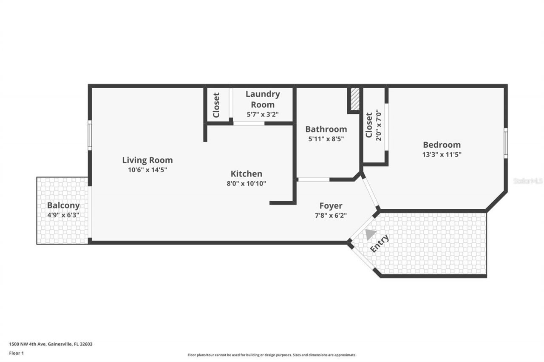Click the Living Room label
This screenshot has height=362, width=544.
[147, 160]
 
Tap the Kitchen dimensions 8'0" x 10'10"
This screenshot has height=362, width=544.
[246, 183]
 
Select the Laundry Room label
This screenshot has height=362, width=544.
[263, 99]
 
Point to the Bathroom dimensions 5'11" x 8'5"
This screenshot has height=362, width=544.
[326, 138]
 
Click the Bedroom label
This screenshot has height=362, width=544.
[442, 145]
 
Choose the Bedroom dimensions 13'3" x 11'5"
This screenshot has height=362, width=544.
[442, 155]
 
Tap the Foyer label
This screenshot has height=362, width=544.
[331, 206]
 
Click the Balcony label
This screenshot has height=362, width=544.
[63, 205]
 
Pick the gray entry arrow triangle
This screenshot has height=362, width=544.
[371, 234]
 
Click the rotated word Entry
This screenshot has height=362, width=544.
[379, 244]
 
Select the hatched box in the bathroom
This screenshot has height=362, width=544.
[354, 100]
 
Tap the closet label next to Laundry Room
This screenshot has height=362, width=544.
[216, 105]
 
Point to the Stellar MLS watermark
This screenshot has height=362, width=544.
[528, 181]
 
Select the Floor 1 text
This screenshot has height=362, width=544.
[17, 352]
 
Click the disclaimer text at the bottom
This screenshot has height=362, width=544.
[272, 355]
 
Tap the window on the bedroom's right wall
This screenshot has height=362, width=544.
[505, 143]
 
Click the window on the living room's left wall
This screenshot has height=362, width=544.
[90, 135]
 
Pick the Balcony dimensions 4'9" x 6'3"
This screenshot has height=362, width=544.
[63, 215]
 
